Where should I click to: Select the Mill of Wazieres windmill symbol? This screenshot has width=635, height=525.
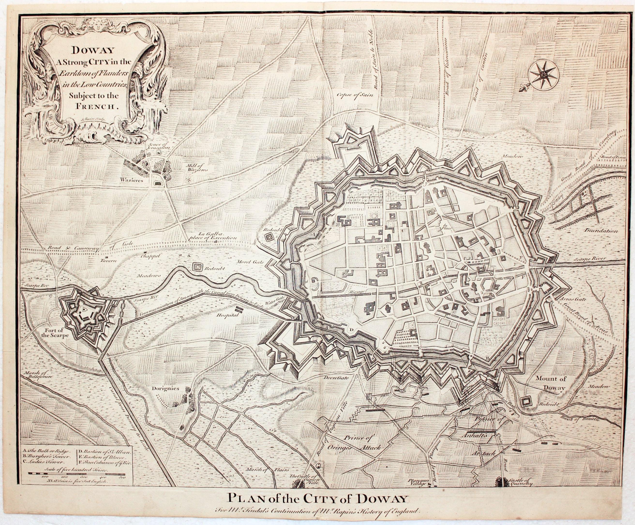point(189,179)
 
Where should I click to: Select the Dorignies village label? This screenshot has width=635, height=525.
point(165,388)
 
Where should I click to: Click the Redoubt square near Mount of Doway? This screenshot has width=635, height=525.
point(526,401)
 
